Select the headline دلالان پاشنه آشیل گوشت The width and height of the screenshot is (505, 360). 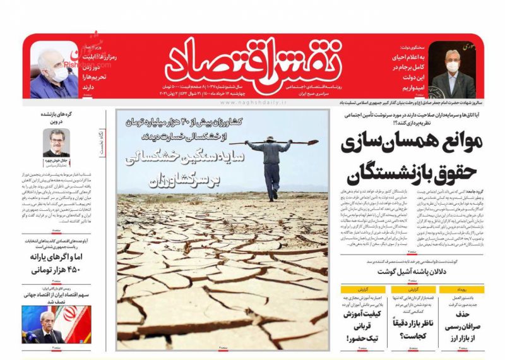pos(408,272)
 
